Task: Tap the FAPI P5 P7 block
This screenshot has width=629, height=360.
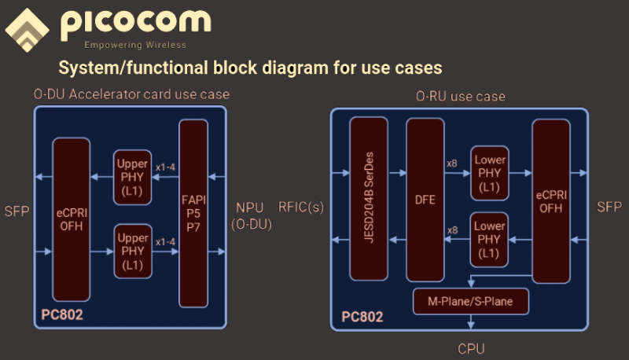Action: (x=193, y=212)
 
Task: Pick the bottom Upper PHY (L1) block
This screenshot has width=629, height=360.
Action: (x=132, y=251)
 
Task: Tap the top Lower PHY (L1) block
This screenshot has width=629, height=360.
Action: (x=490, y=172)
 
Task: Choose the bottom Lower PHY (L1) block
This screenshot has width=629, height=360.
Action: (x=490, y=239)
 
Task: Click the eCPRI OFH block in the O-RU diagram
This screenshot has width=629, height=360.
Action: (x=550, y=200)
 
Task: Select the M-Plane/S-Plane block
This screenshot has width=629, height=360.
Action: (x=471, y=301)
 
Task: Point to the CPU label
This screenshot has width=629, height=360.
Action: (x=471, y=347)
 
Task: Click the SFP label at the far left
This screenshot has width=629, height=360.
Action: (x=17, y=212)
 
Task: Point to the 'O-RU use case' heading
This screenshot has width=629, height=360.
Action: (x=460, y=96)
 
